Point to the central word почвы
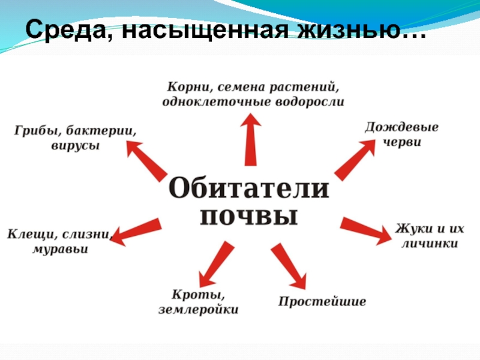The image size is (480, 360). point(248,216)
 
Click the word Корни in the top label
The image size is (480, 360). point(185,88)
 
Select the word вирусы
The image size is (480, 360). point(74,146)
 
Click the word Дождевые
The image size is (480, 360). point(401,128)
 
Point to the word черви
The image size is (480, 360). point(402,143)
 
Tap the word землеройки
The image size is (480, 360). point(199,310)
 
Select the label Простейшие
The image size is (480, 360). point(322,301)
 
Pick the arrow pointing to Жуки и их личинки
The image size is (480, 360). point(365,229)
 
